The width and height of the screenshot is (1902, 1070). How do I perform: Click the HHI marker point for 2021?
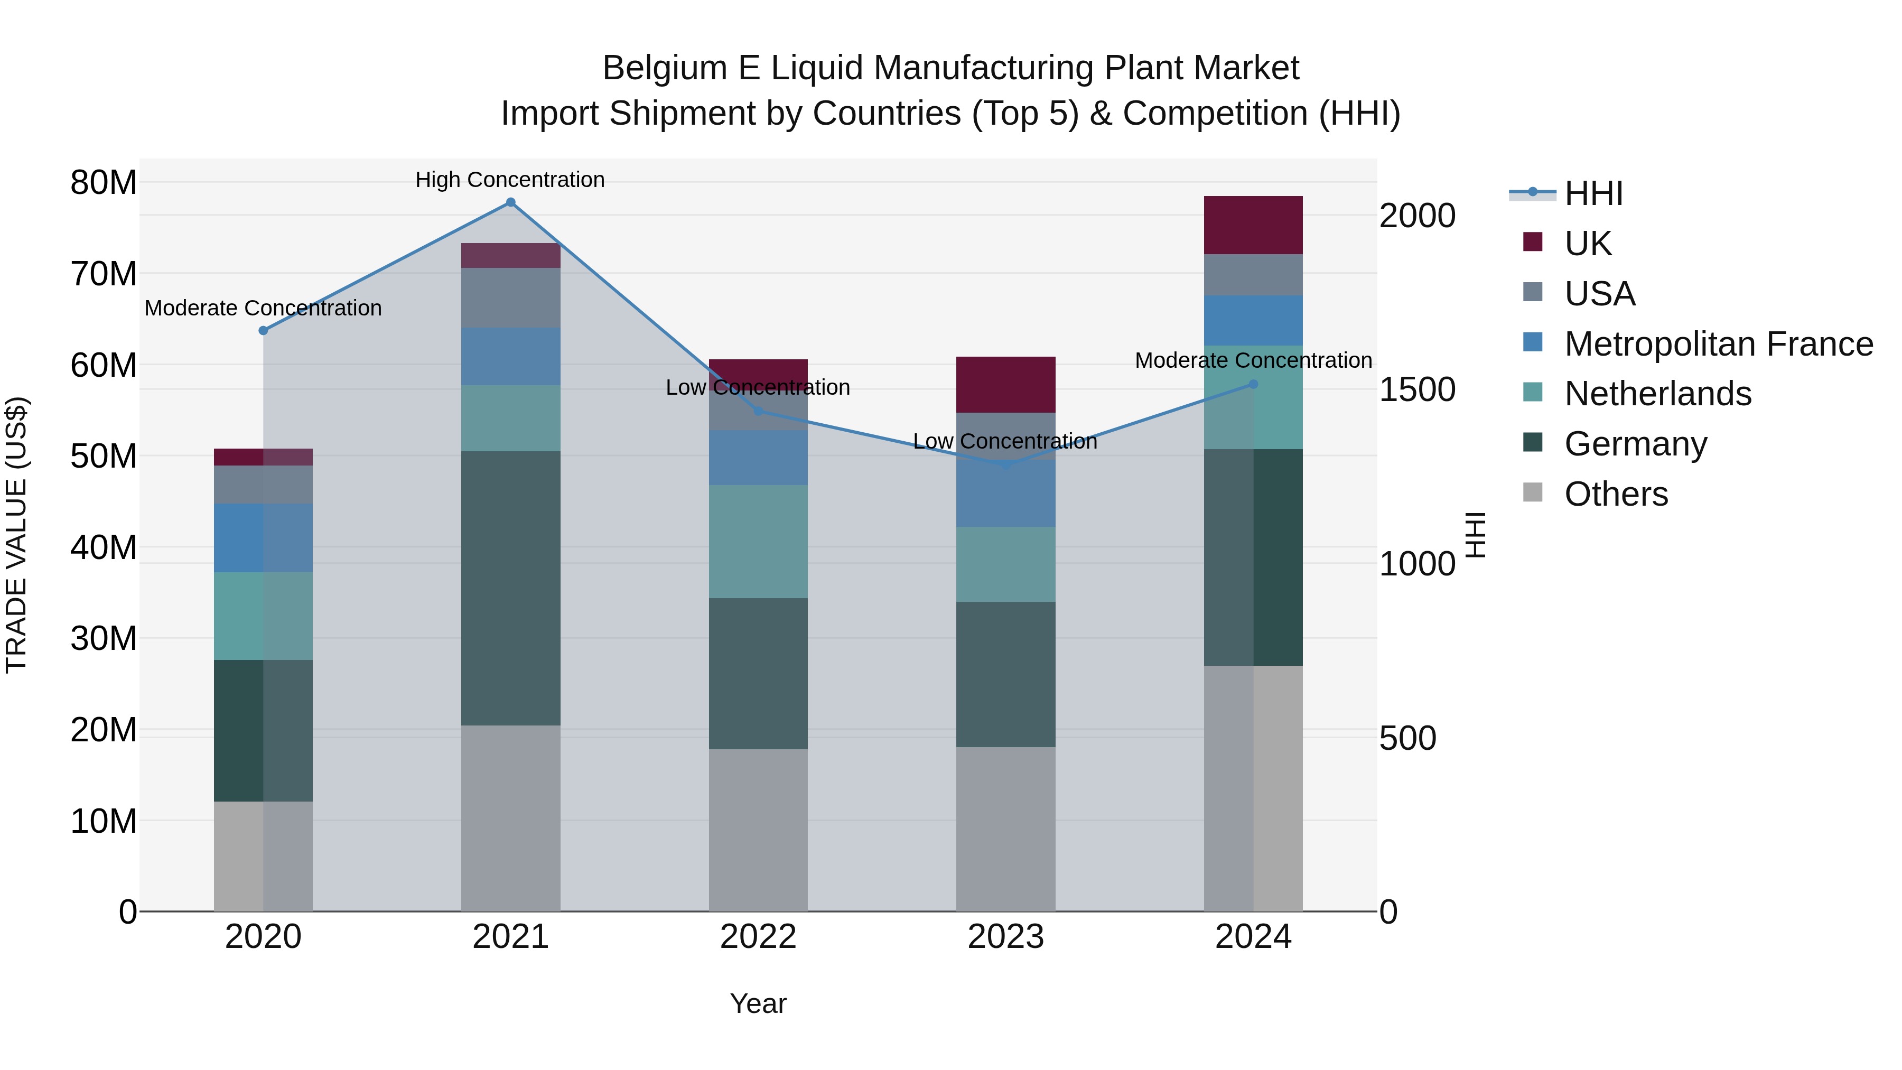(x=510, y=202)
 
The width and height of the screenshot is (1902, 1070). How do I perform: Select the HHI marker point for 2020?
(x=263, y=331)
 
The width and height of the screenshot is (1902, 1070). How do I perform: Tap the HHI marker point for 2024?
(x=1253, y=385)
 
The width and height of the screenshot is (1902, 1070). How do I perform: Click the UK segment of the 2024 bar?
(x=1253, y=225)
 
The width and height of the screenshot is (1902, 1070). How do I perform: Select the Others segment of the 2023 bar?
(x=1005, y=829)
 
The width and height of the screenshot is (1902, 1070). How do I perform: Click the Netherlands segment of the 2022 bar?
(x=758, y=541)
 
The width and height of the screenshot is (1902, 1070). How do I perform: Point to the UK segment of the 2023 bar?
(x=1005, y=385)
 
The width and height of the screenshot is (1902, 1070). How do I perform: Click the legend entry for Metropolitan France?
(x=1718, y=344)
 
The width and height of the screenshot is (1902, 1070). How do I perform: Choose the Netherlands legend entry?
(x=1657, y=394)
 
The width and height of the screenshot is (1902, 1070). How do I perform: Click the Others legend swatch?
(x=1533, y=492)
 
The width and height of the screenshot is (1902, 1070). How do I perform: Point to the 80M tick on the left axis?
(x=104, y=182)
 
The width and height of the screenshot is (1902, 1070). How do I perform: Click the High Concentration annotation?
(x=510, y=180)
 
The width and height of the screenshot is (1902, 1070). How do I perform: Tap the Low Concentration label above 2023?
(x=1005, y=442)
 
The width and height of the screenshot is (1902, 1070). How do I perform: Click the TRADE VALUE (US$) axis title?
(x=17, y=535)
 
